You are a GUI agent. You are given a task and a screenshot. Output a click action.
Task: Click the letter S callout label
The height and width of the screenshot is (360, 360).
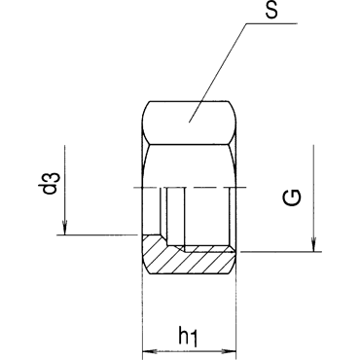tap(271, 11)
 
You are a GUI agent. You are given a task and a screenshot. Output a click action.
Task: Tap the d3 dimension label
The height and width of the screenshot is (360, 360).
tap(53, 184)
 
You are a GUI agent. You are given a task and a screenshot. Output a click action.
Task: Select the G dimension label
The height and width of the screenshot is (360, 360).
tap(292, 198)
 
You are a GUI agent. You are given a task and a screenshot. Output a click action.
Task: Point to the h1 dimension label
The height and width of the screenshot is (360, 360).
tap(189, 338)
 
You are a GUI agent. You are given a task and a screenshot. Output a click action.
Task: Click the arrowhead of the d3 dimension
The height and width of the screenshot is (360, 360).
tap(65, 228)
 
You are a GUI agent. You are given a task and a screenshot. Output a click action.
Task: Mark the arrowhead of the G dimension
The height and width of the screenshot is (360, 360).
tap(313, 244)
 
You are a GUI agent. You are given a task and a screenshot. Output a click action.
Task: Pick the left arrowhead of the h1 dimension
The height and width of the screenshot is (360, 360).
tap(150, 351)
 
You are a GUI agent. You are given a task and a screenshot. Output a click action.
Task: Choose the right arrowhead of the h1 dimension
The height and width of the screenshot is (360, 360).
tap(229, 351)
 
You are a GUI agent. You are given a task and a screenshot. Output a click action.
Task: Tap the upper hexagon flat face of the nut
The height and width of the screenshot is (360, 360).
tap(189, 123)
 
